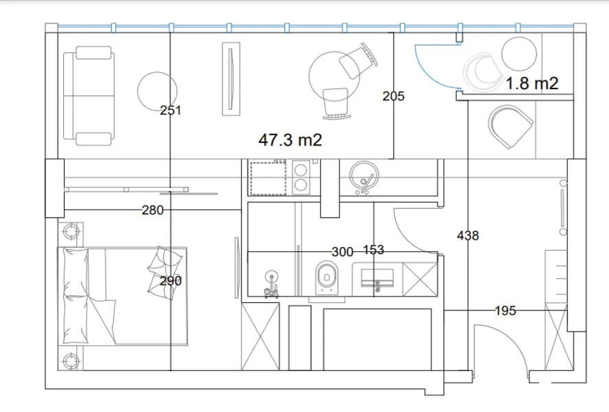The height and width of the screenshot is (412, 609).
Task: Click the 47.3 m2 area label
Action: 290,140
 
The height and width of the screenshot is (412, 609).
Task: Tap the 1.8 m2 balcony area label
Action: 531,83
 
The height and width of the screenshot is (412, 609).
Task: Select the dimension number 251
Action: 170,111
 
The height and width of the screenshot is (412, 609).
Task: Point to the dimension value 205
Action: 393,96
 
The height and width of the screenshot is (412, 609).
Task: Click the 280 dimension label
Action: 152,210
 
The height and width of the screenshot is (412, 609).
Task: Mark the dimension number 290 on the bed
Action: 170,281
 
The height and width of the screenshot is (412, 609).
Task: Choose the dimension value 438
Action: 468,236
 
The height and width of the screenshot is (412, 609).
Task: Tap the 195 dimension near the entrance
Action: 505,310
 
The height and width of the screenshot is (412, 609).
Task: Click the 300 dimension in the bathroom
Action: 342,252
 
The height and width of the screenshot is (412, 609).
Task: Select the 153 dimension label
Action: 374,250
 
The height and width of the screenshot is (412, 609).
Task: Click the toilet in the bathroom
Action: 327,277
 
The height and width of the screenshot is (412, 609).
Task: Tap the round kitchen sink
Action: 364,176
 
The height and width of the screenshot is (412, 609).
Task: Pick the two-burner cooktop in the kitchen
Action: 301,177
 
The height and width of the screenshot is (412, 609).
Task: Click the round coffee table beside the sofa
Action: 157,91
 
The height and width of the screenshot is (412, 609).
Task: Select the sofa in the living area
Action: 89,96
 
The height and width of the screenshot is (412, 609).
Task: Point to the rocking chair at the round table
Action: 336,104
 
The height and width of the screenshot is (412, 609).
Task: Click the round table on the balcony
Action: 519,54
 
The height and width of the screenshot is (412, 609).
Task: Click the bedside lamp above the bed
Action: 71,232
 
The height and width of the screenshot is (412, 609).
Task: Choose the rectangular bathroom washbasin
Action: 377,278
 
